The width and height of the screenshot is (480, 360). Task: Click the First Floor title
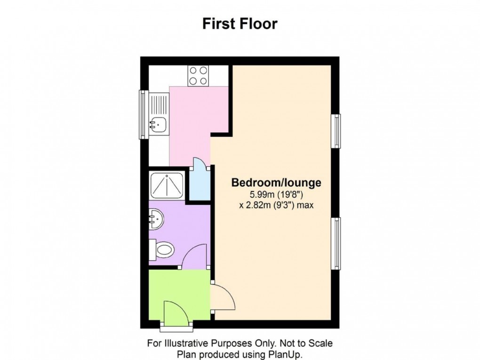(x=240, y=24)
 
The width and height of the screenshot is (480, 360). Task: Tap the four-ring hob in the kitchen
(x=199, y=75)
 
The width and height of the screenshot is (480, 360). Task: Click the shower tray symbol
(x=166, y=185)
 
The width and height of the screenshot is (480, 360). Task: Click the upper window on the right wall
(x=336, y=131)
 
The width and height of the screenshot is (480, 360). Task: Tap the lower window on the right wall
(x=336, y=243)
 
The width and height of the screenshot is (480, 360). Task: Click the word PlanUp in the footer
(x=288, y=354)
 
